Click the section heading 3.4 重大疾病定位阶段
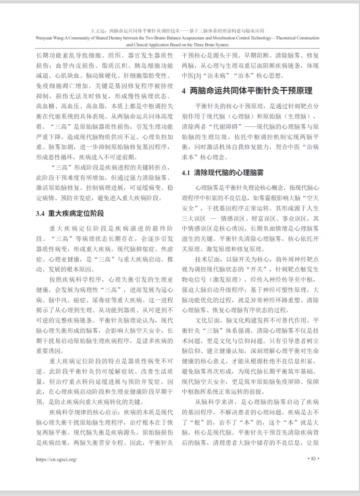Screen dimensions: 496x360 click(70, 213)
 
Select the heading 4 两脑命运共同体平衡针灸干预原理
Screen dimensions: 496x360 click(247, 91)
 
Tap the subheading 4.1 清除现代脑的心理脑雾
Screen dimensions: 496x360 click(223, 173)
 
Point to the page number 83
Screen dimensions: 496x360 click(313, 459)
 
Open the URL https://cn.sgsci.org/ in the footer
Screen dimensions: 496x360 click(56, 459)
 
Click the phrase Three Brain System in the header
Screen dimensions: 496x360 click(210, 45)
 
